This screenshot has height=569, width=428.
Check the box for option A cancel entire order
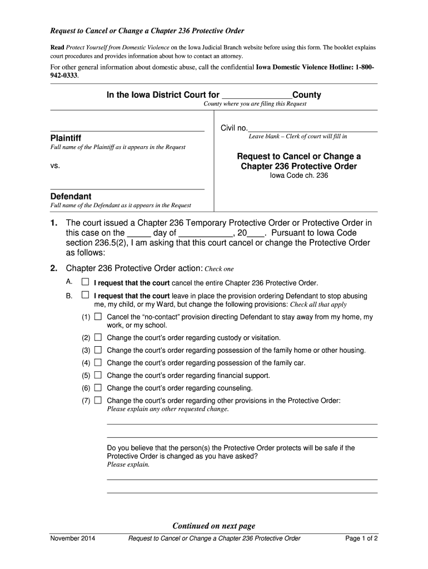pyautogui.click(x=85, y=282)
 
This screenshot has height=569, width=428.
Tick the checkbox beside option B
pyautogui.click(x=85, y=296)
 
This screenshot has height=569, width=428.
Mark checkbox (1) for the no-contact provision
pyautogui.click(x=98, y=317)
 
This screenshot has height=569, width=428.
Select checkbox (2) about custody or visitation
pyautogui.click(x=98, y=337)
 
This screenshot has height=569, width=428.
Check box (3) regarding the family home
pyautogui.click(x=98, y=350)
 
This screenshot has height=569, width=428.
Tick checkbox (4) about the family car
pyautogui.click(x=98, y=363)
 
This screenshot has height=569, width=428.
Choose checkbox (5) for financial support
pyautogui.click(x=98, y=375)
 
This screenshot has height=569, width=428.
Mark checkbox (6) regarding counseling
pyautogui.click(x=98, y=388)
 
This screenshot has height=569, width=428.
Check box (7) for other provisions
pyautogui.click(x=98, y=400)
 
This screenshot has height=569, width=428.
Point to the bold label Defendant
pyautogui.click(x=71, y=196)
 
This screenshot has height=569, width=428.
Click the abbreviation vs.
pyautogui.click(x=55, y=166)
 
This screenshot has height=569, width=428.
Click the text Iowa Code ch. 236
pyautogui.click(x=299, y=176)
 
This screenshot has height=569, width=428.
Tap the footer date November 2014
pyautogui.click(x=72, y=538)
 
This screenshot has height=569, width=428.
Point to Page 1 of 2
pyautogui.click(x=361, y=538)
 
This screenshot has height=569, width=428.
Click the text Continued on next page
pyautogui.click(x=214, y=526)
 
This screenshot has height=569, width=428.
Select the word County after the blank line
pyautogui.click(x=306, y=95)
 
